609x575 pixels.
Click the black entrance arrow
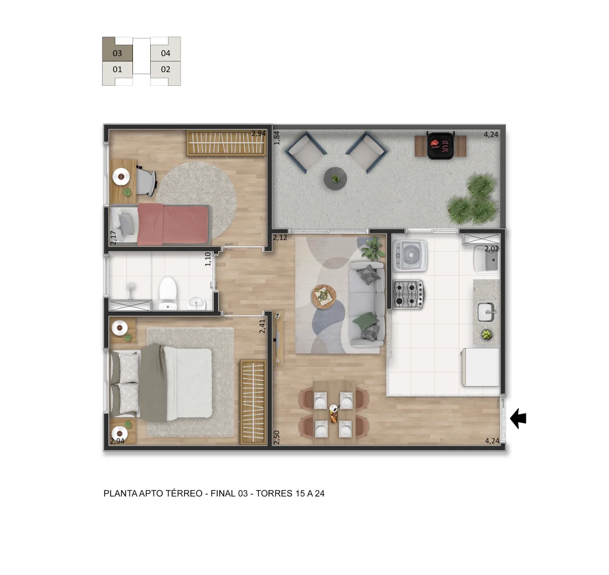518,419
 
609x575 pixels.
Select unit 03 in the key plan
117,53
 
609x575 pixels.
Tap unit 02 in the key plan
165,70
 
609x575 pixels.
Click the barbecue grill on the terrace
441,145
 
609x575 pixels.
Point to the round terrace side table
335,178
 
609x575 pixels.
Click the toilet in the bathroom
168,294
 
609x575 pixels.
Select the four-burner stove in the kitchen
409,294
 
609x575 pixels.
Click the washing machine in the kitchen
410,255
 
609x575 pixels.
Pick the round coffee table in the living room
324,297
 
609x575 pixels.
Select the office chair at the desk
146,181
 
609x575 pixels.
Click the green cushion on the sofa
365,320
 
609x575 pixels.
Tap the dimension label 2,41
262,326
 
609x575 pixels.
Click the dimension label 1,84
277,138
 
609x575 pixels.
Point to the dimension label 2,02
492,249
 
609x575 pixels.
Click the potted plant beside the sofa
373,248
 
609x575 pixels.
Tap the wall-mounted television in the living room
278,338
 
